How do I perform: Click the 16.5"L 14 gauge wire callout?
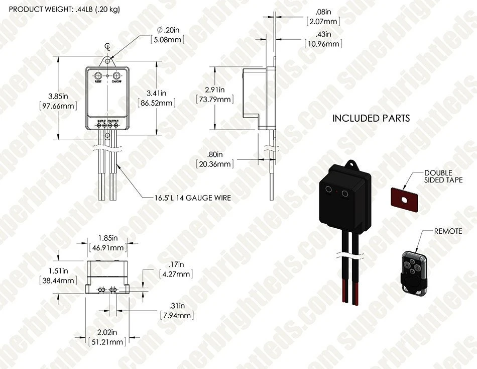(x=193, y=198)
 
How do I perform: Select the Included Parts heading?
(x=371, y=119)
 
